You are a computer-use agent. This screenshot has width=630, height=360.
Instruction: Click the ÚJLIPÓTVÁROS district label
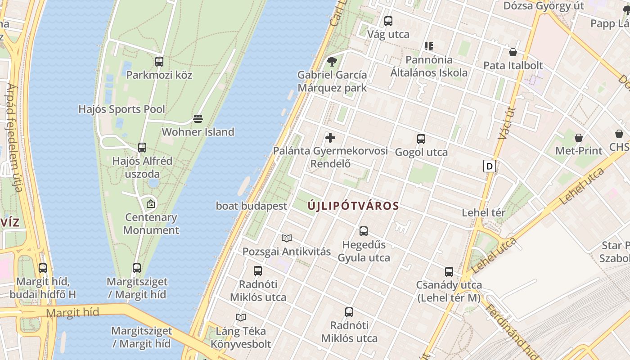[x=353, y=206]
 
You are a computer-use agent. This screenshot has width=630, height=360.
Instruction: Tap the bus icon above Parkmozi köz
[x=159, y=62]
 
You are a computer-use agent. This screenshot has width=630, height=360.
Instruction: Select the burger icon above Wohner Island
[x=198, y=119]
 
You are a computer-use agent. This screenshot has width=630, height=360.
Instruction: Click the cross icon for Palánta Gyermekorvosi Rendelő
[x=330, y=138]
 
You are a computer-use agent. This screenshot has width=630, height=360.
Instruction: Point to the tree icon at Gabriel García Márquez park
[x=332, y=62]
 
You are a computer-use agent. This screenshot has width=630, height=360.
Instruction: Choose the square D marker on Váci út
[x=489, y=166]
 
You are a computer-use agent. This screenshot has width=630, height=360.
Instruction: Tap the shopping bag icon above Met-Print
[x=579, y=138]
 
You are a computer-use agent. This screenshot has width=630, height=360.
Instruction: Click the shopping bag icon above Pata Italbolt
[x=513, y=52]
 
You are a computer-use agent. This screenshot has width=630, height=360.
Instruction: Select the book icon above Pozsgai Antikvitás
[x=287, y=238]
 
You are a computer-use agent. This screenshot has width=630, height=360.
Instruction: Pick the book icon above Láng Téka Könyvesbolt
[x=241, y=318]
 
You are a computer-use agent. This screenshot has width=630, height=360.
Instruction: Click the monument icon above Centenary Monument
[x=151, y=204]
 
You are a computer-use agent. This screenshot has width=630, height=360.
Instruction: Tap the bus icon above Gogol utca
[x=421, y=139]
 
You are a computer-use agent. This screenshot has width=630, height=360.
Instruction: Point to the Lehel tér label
[x=484, y=212]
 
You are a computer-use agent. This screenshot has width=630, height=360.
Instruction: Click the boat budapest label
[x=252, y=206]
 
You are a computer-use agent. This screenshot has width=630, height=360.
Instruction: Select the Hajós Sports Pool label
[x=121, y=109]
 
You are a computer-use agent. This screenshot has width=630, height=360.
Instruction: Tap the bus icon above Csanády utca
[x=449, y=272]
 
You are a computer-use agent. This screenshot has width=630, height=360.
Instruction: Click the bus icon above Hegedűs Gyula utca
[x=364, y=231]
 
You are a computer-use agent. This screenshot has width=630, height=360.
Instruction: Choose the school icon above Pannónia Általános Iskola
[x=428, y=46]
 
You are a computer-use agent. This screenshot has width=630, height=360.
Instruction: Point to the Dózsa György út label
[x=544, y=6]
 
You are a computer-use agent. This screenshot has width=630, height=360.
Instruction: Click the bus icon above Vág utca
[x=388, y=21]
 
